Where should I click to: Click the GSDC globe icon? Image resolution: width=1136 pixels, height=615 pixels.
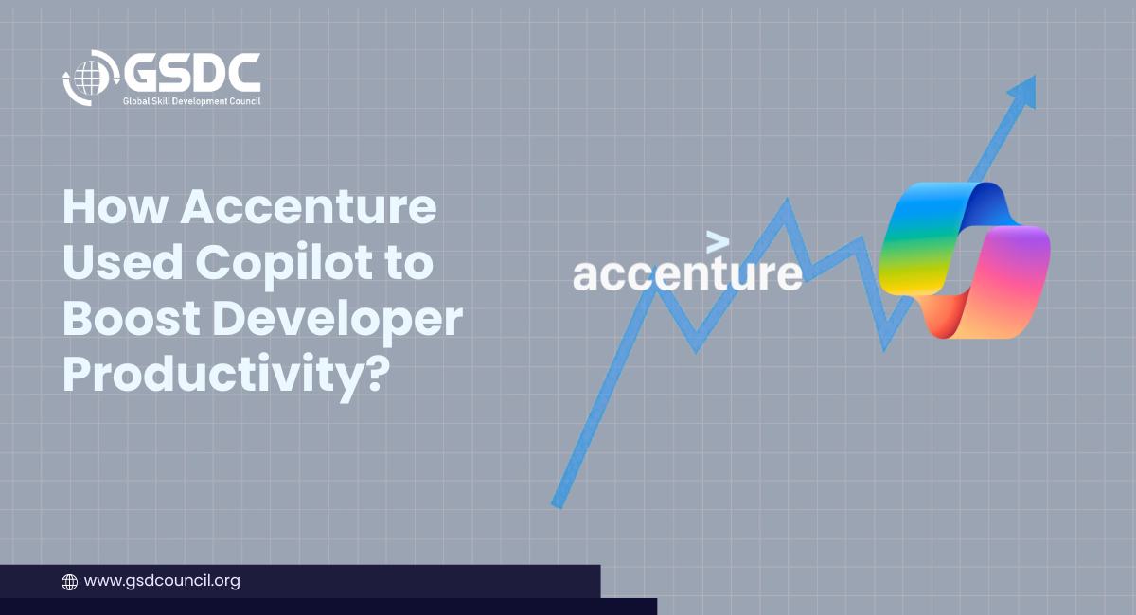point(90,79)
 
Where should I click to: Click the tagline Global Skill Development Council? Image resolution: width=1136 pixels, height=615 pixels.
point(191,101)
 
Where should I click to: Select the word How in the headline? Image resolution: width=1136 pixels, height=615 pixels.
point(115,207)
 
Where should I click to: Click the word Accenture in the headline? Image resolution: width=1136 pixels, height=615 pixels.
point(309,207)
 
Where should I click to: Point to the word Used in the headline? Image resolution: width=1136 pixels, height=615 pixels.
point(122,262)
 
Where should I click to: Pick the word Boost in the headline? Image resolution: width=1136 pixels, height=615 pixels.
point(132,319)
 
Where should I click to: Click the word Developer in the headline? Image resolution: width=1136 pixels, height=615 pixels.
point(338,323)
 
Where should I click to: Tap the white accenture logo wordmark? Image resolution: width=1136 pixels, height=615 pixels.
point(687,273)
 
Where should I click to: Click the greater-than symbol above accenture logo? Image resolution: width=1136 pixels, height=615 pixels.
point(718,242)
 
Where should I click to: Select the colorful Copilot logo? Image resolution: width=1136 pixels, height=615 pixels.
point(964,260)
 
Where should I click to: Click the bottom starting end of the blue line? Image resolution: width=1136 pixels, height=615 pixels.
point(558,503)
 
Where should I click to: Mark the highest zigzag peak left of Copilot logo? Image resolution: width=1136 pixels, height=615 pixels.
point(787,202)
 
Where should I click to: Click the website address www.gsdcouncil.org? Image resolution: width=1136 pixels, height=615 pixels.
point(162,581)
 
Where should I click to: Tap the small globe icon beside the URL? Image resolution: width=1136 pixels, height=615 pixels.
point(69,582)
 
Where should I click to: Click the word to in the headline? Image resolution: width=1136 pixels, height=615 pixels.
point(409,264)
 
